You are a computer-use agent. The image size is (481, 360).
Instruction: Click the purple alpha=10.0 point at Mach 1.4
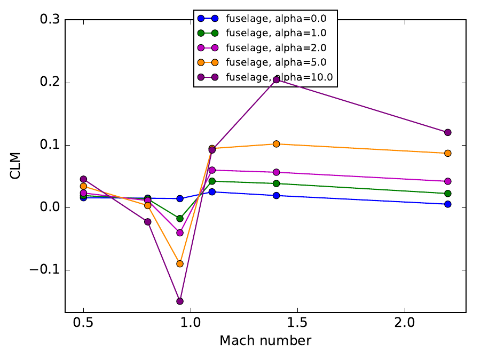(x=277, y=79)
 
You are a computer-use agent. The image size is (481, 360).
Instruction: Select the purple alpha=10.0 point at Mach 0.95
(x=180, y=301)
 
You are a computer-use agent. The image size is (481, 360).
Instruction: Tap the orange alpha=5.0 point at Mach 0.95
(x=180, y=263)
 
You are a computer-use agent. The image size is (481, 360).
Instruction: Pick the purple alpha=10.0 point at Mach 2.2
(x=447, y=132)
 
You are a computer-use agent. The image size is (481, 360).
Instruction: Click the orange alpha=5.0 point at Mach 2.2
(x=447, y=153)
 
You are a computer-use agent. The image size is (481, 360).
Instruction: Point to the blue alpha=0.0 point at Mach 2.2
(x=447, y=204)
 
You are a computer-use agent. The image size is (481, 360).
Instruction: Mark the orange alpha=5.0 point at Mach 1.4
(x=277, y=144)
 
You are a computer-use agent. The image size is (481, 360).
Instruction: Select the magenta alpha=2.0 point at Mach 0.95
(x=180, y=233)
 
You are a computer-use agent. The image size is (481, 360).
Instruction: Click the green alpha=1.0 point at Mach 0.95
(x=180, y=219)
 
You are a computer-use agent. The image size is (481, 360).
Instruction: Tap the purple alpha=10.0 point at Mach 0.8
(x=148, y=222)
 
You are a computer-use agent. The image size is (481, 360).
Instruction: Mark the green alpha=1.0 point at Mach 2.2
(x=447, y=194)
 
